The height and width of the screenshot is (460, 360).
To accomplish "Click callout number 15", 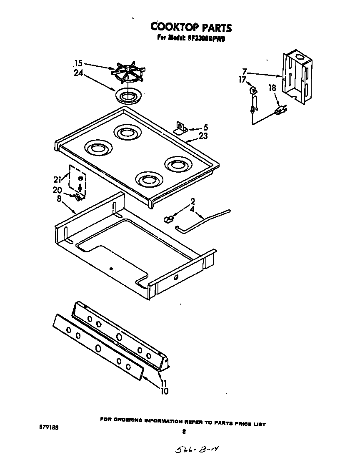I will [x=78, y=63].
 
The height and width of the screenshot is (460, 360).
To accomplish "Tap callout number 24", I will [x=78, y=73].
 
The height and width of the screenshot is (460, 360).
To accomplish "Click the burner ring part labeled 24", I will [x=127, y=96].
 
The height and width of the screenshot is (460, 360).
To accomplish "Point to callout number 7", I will [x=245, y=71].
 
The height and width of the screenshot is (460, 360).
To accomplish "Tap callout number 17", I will [x=242, y=79].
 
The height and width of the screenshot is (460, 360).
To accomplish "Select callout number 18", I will [x=272, y=88].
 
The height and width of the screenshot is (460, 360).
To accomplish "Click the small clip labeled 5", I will [x=181, y=127].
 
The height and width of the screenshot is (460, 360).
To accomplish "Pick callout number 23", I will [x=203, y=136].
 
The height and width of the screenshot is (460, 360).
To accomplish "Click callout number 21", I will [x=57, y=180].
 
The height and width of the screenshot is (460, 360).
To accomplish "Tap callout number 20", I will [x=57, y=190].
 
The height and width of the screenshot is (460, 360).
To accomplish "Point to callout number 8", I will [x=59, y=199].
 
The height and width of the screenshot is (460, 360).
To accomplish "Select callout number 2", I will [x=192, y=201].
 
